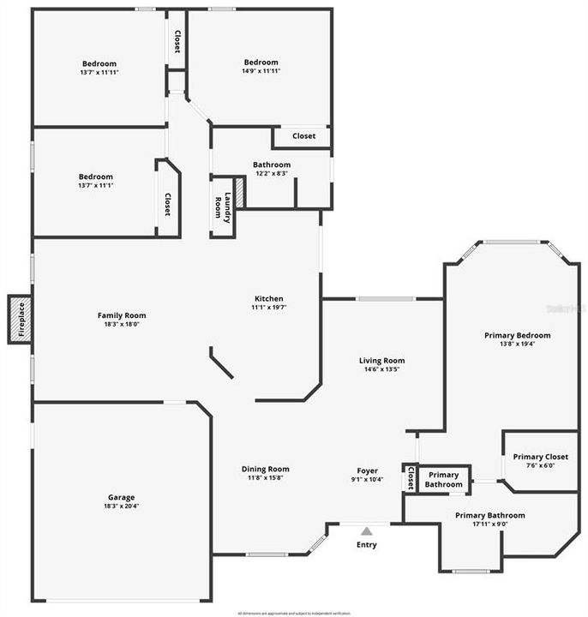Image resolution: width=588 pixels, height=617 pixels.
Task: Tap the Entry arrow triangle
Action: coord(367,531)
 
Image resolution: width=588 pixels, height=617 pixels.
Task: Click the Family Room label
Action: coord(122,315)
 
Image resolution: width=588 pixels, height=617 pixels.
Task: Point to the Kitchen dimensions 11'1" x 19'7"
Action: coord(268,308)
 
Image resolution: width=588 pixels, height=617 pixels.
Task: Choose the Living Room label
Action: coord(381,361)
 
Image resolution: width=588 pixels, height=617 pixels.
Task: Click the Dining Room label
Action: coord(265,469)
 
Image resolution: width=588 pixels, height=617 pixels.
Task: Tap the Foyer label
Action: coord(367,470)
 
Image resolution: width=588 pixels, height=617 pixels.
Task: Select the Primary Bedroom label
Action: coord(517,335)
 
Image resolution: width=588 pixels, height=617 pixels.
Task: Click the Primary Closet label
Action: coord(540,457)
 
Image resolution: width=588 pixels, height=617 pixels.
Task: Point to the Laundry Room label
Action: coord(223,207)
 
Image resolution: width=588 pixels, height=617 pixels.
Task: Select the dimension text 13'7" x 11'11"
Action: coord(99,72)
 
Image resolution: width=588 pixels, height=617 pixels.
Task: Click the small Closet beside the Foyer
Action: coord(411,478)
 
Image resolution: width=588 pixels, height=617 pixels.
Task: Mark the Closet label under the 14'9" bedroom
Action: coord(303,136)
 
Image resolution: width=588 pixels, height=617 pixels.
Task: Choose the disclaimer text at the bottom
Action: coord(294,613)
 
